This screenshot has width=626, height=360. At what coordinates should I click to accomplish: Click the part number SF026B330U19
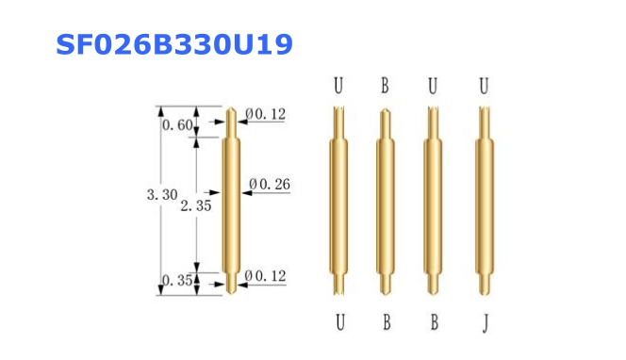[174, 44]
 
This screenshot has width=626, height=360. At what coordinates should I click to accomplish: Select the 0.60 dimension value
[177, 125]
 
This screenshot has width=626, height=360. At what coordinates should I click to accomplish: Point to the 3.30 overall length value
[162, 195]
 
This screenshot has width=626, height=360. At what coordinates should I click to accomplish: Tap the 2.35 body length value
[196, 205]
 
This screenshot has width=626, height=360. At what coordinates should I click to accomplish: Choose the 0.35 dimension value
[177, 281]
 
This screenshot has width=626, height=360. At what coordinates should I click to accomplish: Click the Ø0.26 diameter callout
[270, 184]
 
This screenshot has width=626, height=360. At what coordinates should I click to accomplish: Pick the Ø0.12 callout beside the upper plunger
[266, 114]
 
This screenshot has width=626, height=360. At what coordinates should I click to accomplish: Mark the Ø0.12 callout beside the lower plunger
[265, 276]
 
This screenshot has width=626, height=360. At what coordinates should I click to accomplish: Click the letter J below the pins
[486, 323]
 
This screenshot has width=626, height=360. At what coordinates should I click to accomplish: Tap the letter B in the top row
[385, 86]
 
